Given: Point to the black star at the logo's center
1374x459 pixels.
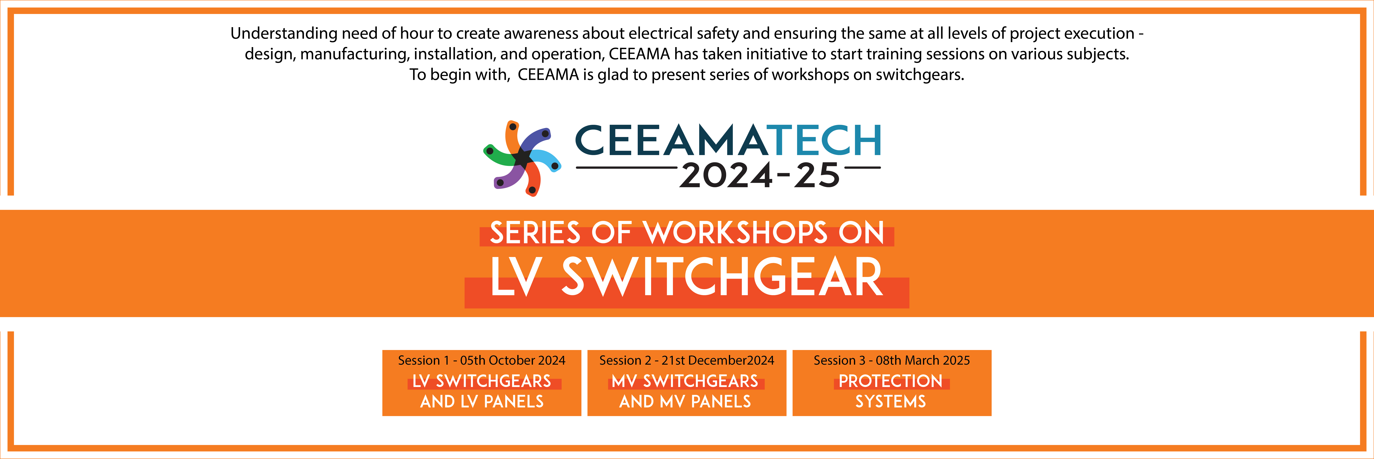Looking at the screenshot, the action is pos(523,158).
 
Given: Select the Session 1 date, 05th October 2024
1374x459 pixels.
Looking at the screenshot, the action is pos(513,360).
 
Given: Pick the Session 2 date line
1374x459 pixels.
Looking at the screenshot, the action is pos(686,360).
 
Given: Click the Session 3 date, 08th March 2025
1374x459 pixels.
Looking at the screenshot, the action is pos(923,360).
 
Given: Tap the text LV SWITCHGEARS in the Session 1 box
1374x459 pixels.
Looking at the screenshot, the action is pos(482,381).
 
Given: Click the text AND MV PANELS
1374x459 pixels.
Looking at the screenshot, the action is pos(685,401).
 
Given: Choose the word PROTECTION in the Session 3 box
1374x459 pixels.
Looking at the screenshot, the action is pos(891,381).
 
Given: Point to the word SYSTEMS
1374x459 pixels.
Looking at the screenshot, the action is pos(891,401).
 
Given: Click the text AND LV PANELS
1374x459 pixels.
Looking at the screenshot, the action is pos(482,401).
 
